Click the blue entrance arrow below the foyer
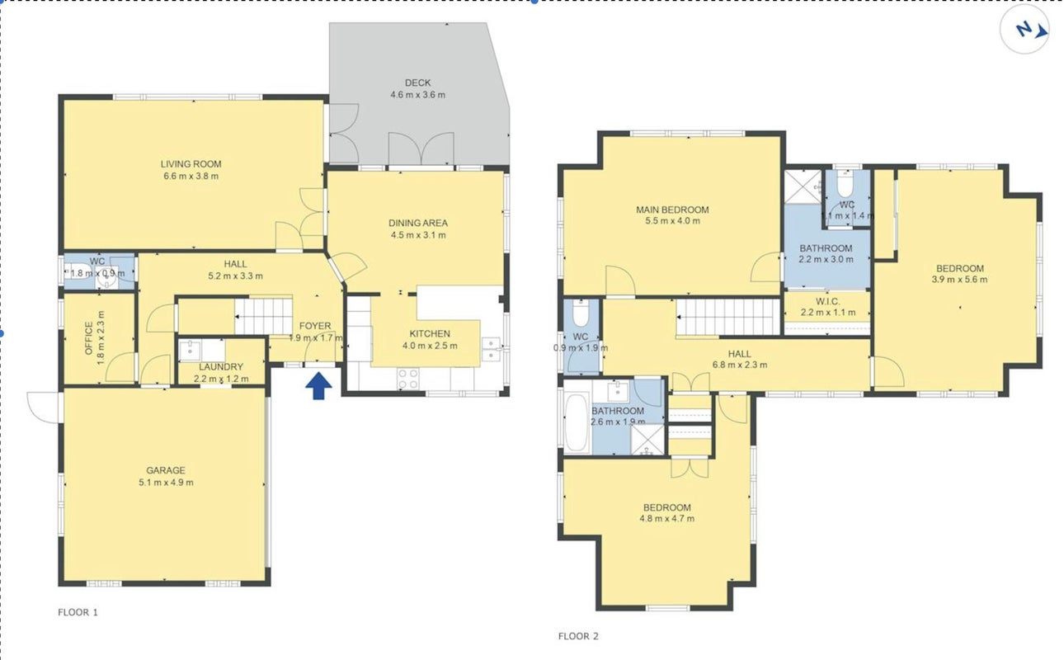[318, 386]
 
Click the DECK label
[417, 82]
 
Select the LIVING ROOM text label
[191, 164]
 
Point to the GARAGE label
[166, 470]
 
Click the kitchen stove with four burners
[408, 379]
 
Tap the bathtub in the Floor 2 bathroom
[577, 422]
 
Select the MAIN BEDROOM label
[672, 210]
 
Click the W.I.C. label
[828, 301]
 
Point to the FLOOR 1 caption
[78, 612]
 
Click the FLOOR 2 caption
[578, 636]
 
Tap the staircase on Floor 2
[728, 317]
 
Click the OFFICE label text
[89, 338]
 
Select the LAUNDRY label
[221, 367]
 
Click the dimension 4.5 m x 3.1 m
[418, 235]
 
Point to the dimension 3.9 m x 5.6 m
[959, 280]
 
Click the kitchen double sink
[491, 349]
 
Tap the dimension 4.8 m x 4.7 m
[667, 518]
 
